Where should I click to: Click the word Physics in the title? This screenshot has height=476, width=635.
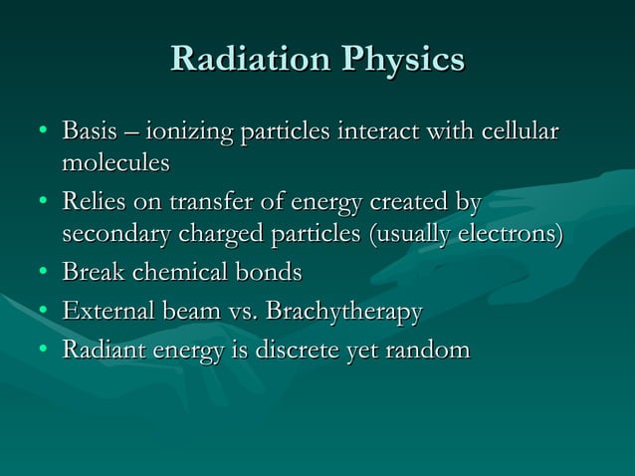(x=403, y=59)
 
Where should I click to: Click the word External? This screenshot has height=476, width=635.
(x=104, y=312)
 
